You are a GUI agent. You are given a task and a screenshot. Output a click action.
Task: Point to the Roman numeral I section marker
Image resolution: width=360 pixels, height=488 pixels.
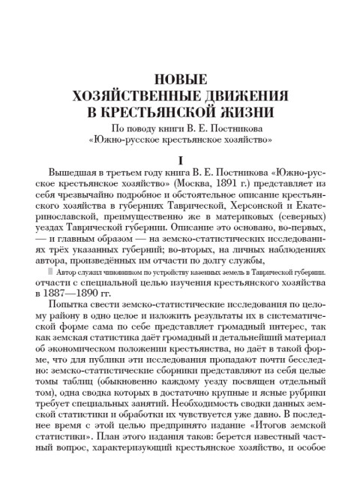click(180, 159)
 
